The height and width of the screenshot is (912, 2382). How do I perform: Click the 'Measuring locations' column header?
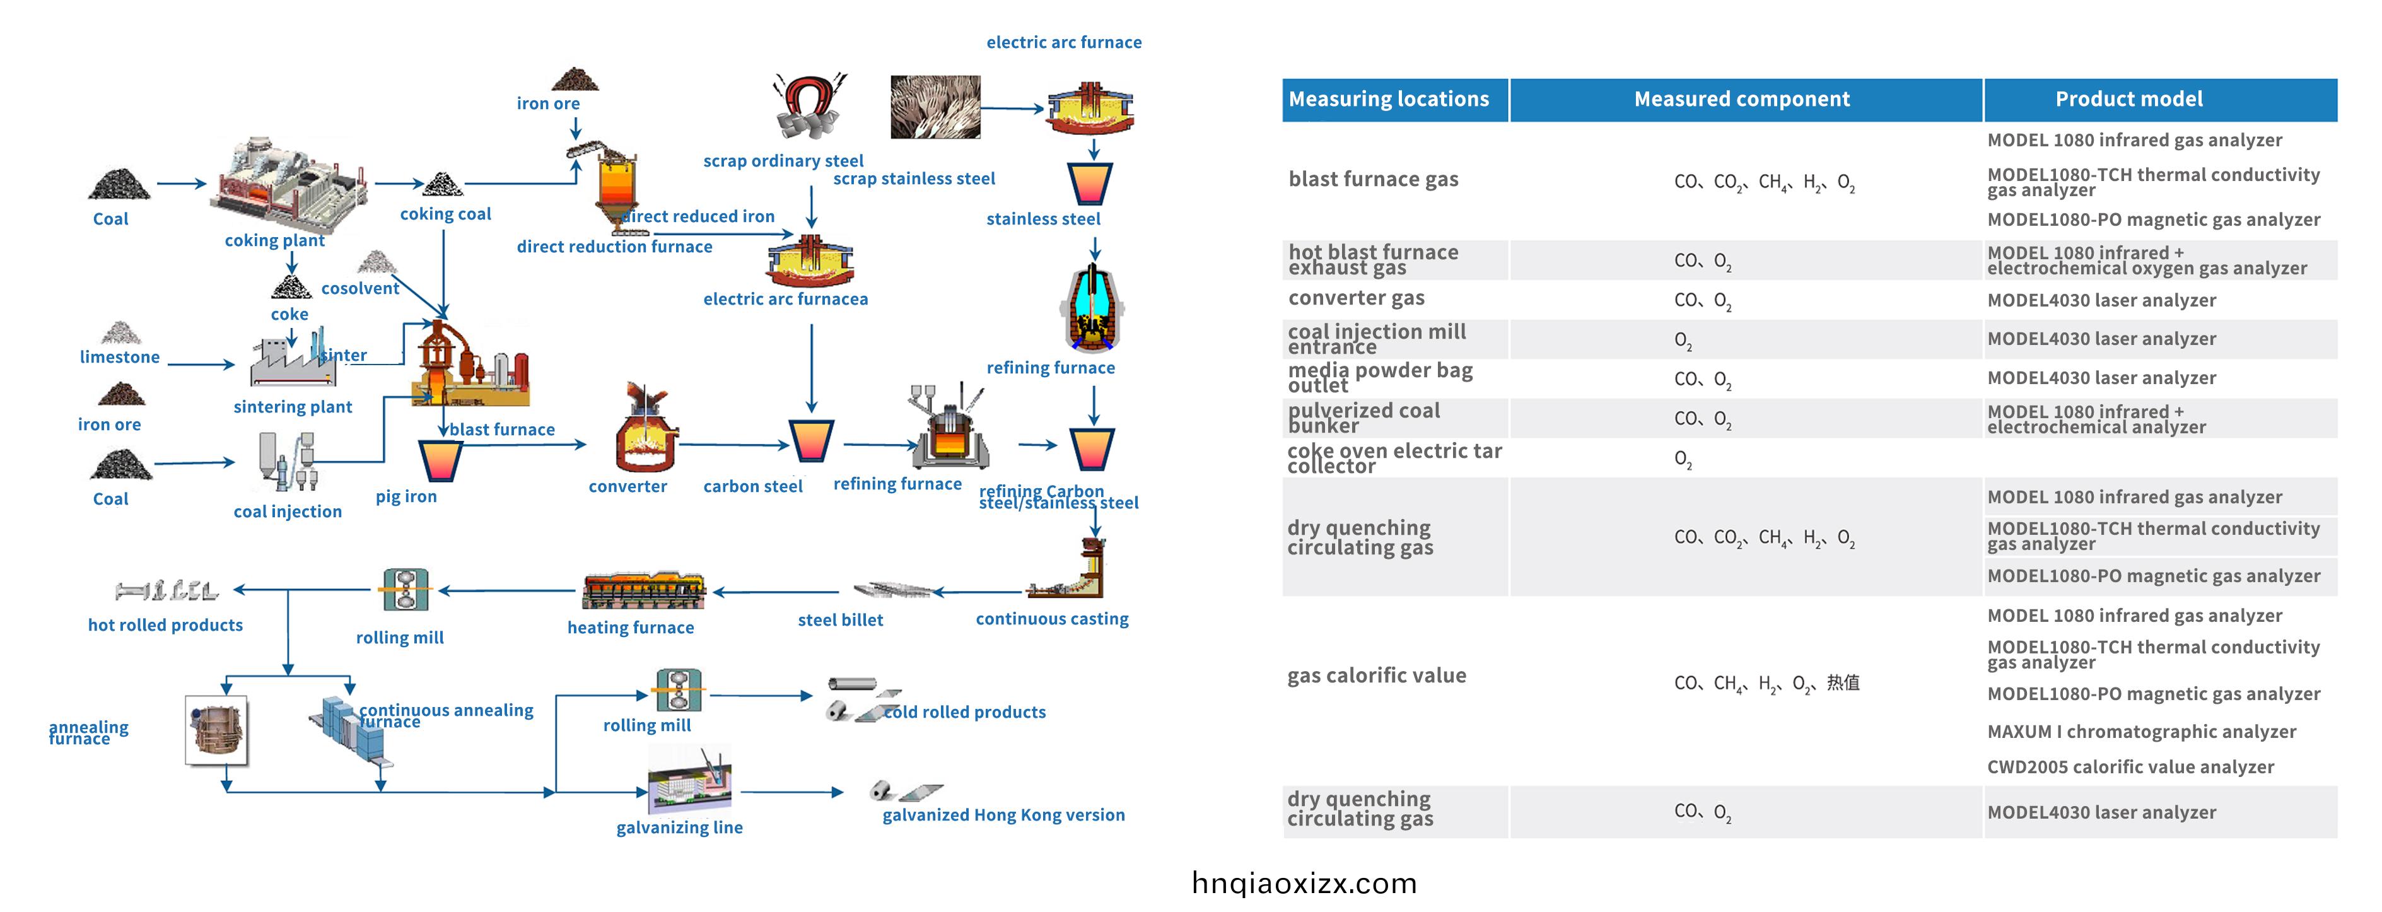1388,99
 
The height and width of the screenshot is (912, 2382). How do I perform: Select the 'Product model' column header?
2128,99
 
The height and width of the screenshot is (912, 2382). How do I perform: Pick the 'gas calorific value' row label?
1376,675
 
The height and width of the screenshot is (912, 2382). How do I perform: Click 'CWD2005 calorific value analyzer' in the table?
2130,767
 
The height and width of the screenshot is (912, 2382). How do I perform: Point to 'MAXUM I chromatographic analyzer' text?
2140,732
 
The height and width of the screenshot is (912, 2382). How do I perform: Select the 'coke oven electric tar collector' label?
1394,458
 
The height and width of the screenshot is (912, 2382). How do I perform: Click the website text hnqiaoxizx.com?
1304,884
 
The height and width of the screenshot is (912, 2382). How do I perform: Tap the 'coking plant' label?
274,240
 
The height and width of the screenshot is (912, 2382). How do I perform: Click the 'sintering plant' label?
292,407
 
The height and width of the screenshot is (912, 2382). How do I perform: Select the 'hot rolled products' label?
165,625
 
